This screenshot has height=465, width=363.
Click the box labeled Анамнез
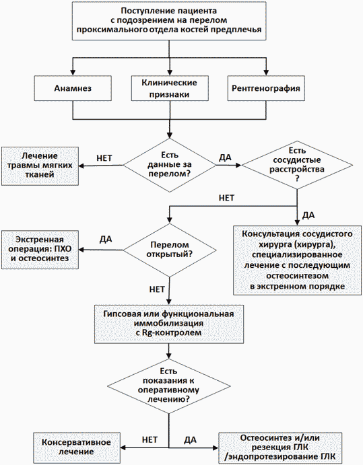(73, 88)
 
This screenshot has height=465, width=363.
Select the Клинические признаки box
(170, 88)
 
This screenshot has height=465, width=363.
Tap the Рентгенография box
(266, 88)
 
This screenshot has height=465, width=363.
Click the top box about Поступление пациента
(169, 20)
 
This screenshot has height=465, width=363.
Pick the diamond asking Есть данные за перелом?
(170, 165)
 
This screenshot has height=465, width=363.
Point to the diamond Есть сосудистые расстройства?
(297, 165)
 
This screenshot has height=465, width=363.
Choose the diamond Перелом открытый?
(170, 250)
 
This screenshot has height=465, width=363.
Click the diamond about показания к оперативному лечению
(168, 386)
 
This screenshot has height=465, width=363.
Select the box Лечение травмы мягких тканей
(40, 166)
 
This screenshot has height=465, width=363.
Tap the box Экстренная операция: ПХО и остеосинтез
(40, 250)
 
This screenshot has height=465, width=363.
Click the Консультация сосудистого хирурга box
(297, 260)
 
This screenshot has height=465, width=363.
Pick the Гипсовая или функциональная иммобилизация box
(169, 324)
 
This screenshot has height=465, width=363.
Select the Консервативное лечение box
(77, 448)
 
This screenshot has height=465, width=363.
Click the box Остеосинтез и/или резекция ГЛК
(280, 448)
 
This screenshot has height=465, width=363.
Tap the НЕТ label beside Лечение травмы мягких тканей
(104, 158)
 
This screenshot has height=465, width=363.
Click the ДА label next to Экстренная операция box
(106, 239)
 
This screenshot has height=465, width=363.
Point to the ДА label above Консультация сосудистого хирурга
(308, 215)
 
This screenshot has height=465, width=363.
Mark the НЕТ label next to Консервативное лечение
(150, 439)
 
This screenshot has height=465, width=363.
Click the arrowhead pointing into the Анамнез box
(73, 73)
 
